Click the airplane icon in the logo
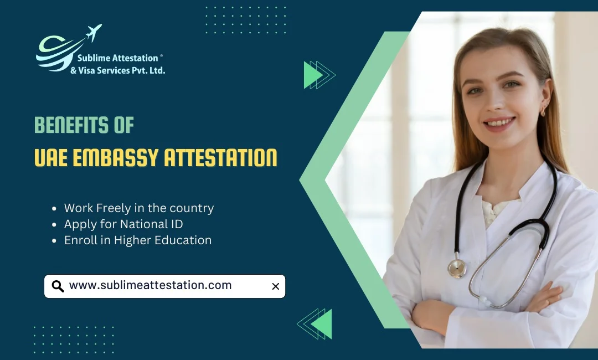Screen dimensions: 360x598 [94, 33]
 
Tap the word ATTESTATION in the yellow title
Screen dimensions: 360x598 [221, 158]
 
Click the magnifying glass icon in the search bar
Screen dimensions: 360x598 [58, 286]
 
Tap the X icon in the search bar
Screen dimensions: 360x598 [275, 286]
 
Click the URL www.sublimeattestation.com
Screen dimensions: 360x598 [150, 286]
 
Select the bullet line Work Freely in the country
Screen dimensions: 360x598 [138, 208]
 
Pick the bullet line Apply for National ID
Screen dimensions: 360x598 [123, 224]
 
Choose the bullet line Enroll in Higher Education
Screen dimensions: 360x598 [138, 240]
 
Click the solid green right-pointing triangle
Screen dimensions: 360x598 [312, 75]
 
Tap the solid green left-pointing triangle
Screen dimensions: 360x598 [323, 324]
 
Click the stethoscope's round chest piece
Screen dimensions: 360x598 [457, 268]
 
